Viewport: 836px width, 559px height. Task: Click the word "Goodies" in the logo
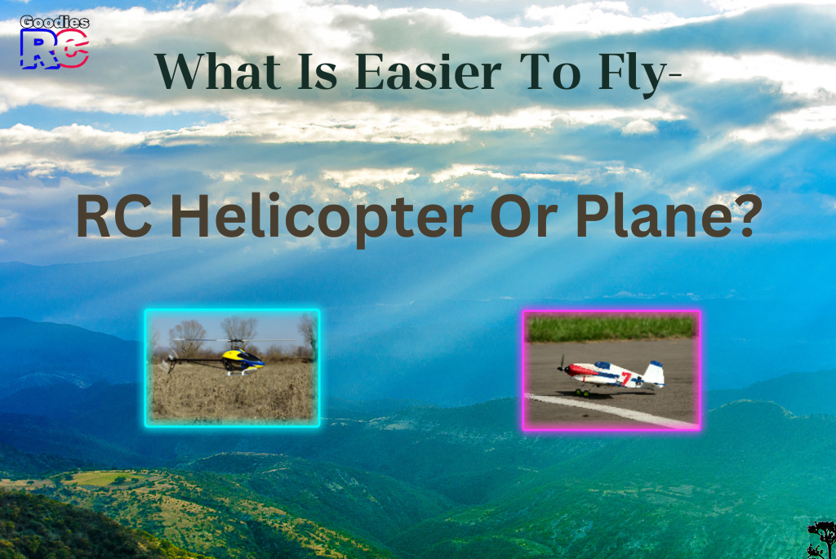tap(54, 22)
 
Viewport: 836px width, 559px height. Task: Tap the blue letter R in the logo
tap(38, 51)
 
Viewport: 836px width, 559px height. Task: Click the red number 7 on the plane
tap(626, 378)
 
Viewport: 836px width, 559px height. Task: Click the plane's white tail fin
tap(654, 372)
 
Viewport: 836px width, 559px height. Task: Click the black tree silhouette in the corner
tap(821, 539)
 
